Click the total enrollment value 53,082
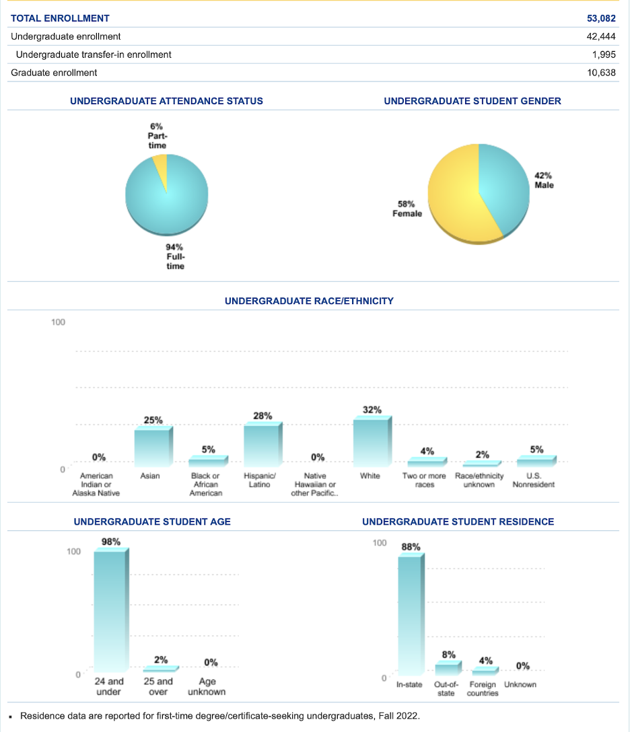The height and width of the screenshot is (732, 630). [601, 18]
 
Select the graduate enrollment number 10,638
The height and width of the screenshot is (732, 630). [601, 73]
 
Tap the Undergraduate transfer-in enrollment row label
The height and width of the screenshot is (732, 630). [94, 54]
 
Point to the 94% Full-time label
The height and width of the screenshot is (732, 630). [175, 256]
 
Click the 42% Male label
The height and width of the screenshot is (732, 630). [544, 180]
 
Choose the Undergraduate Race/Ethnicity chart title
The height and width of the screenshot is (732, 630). [309, 301]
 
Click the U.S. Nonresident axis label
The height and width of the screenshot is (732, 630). [533, 480]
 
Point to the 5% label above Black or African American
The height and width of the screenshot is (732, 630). [209, 449]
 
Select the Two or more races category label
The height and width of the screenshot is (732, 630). [424, 480]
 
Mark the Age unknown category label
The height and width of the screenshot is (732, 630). [207, 686]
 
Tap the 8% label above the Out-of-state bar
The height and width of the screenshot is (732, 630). [448, 654]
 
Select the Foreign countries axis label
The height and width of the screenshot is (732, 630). [483, 689]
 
